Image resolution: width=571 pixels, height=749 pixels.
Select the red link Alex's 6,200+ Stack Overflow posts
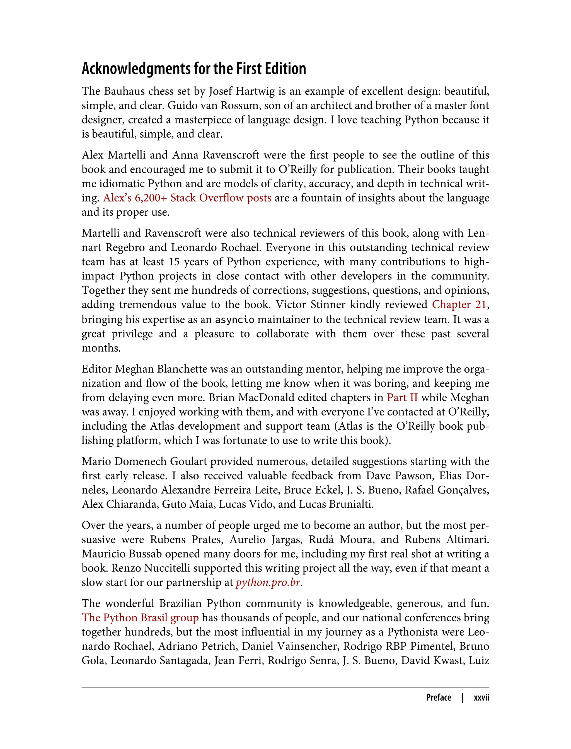pyautogui.click(x=187, y=198)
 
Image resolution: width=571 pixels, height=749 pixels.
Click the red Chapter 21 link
pyautogui.click(x=459, y=305)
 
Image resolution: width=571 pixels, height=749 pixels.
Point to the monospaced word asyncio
pyautogui.click(x=234, y=320)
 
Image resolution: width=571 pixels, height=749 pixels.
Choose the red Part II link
pyautogui.click(x=402, y=398)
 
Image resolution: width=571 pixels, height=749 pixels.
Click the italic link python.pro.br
pyautogui.click(x=268, y=583)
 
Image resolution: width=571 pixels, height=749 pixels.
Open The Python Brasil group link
pyautogui.click(x=140, y=618)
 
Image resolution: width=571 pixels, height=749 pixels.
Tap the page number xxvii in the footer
pyautogui.click(x=481, y=697)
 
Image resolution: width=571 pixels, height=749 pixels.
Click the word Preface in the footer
pyautogui.click(x=439, y=697)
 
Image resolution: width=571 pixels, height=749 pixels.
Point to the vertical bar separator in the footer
pyautogui.click(x=463, y=697)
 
